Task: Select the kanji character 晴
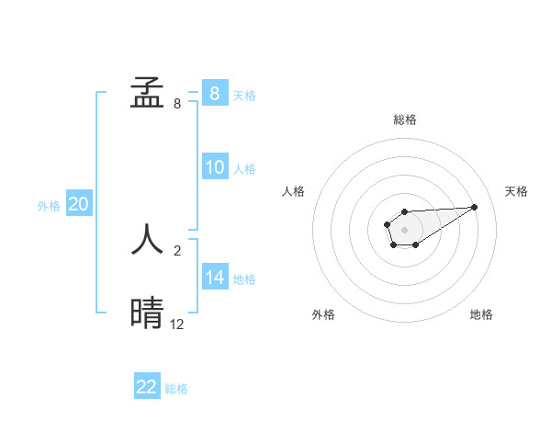[x=148, y=313]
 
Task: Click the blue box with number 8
[x=214, y=93]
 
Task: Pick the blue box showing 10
[x=214, y=167]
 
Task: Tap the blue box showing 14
[x=214, y=278]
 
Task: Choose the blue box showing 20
[x=78, y=204]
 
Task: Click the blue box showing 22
[x=147, y=387]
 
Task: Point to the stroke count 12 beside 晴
[x=177, y=324]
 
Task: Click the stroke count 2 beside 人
[x=176, y=249]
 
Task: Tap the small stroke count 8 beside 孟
[x=176, y=104]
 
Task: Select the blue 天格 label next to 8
[x=244, y=96]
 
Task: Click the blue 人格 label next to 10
[x=244, y=169]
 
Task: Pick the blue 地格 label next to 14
[x=244, y=279]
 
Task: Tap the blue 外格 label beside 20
[x=49, y=206]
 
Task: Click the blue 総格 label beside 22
[x=176, y=389]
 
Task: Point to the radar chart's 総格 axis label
[x=404, y=119]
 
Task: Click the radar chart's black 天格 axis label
[x=516, y=191]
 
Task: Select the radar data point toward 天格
[x=475, y=206]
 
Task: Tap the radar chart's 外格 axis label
[x=322, y=314]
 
